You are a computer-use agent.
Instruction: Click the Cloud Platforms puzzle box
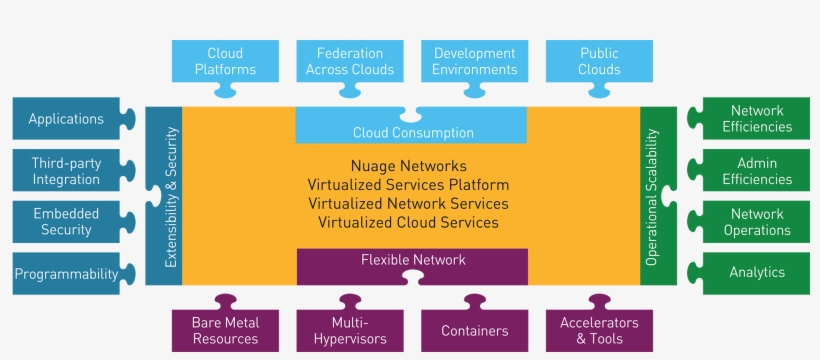click(225, 61)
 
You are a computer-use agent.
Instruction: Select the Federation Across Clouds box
click(350, 61)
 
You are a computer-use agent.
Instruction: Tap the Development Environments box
click(475, 61)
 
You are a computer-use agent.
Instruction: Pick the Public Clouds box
click(599, 61)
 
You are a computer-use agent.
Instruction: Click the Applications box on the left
click(66, 119)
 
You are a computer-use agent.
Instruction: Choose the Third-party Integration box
click(66, 171)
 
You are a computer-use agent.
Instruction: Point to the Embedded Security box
click(66, 222)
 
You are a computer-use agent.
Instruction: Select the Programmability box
click(66, 273)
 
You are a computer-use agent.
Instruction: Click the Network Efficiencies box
click(757, 119)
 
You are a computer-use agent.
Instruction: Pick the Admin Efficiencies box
click(757, 171)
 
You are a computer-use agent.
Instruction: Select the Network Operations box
click(757, 222)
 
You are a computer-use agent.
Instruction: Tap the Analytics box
click(757, 272)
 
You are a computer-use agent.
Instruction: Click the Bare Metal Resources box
click(225, 330)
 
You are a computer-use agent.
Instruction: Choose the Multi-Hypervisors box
click(350, 330)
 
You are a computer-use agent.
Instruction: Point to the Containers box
click(475, 330)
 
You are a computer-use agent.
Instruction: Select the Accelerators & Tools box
click(599, 330)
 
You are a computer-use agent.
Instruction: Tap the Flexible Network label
click(412, 260)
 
